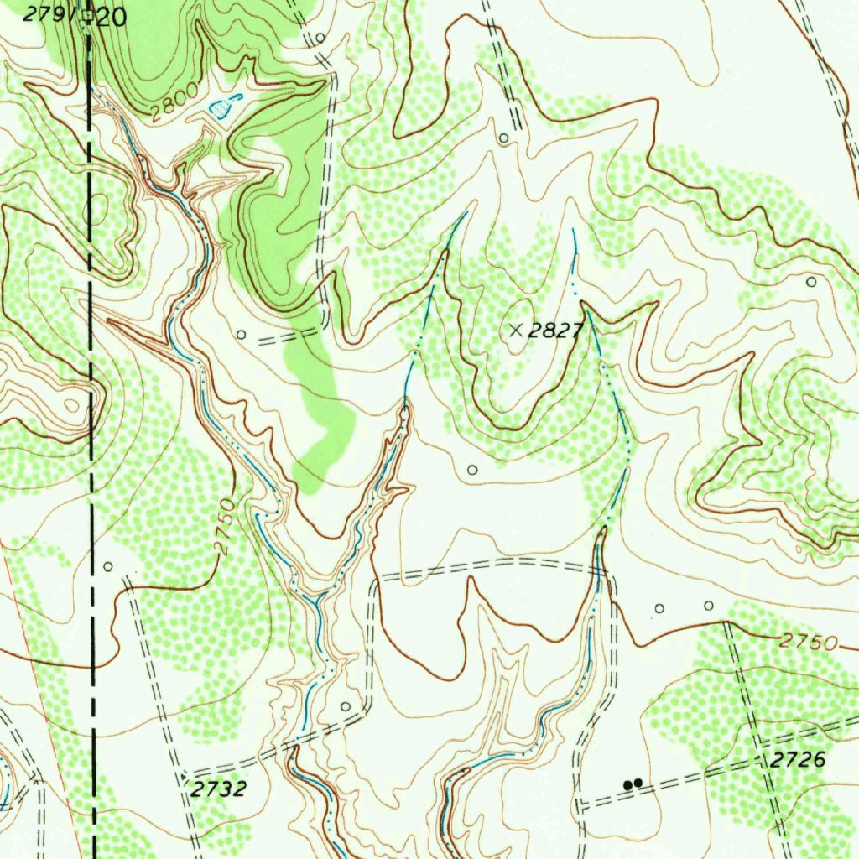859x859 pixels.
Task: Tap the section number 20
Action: pos(111,17)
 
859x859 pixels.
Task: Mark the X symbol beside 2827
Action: pos(516,331)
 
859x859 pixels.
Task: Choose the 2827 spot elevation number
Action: pos(555,331)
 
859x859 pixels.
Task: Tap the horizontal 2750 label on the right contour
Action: pos(808,643)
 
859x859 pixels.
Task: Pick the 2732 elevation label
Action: pos(218,789)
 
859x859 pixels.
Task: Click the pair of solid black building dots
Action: pos(633,784)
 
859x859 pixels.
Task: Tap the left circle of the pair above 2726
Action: pos(659,607)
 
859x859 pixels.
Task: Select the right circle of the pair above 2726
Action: pos(708,605)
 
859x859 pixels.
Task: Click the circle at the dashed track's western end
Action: pos(242,335)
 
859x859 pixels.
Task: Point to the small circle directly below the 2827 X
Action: pos(472,469)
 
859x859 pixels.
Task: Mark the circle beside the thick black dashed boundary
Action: pos(107,566)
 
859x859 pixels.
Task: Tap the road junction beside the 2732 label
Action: pos(185,771)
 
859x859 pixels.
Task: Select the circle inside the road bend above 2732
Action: pos(346,706)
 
